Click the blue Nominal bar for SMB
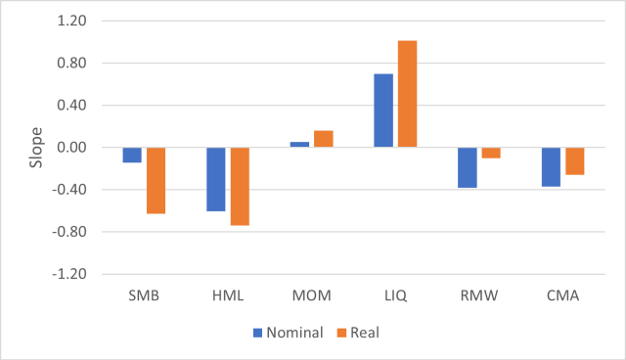[x=132, y=155]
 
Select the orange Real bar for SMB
[x=156, y=180]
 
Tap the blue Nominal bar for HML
[x=215, y=179]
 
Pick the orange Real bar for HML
[x=240, y=186]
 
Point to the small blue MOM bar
[x=299, y=145]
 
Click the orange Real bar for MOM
[x=324, y=139]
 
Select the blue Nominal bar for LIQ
[x=383, y=111]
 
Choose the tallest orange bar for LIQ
[x=407, y=94]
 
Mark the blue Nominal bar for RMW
[x=468, y=167]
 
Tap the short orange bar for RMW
[x=491, y=153]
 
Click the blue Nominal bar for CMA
[x=551, y=166]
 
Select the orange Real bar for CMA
[x=575, y=160]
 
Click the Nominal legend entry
[x=289, y=333]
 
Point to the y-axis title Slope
[x=35, y=147]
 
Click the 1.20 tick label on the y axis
[x=71, y=22]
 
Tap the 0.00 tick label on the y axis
[x=71, y=148]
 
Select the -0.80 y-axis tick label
[x=69, y=232]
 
